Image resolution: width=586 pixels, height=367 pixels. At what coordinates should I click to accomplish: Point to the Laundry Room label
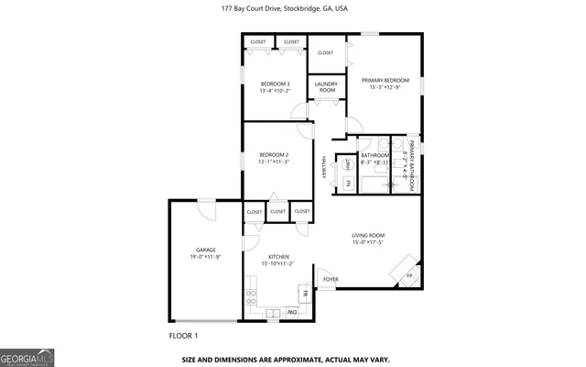point(327,87)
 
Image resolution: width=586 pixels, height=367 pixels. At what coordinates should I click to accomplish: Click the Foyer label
point(330,280)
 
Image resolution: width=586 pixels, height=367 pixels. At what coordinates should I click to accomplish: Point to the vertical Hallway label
point(323,168)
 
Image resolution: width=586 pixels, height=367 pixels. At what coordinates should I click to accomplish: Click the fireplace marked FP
point(408,275)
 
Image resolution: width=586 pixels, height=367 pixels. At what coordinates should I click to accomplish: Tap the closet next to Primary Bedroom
point(326,53)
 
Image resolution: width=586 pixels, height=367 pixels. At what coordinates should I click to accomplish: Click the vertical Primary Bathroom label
point(412,165)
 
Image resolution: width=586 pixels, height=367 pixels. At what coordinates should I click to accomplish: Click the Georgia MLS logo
point(26,355)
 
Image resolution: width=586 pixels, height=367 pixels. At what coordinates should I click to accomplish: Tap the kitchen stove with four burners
point(251,297)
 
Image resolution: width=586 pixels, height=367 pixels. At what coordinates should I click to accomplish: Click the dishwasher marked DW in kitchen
point(292,312)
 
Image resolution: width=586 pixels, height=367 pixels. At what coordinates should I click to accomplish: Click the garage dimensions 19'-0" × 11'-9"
point(205,257)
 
